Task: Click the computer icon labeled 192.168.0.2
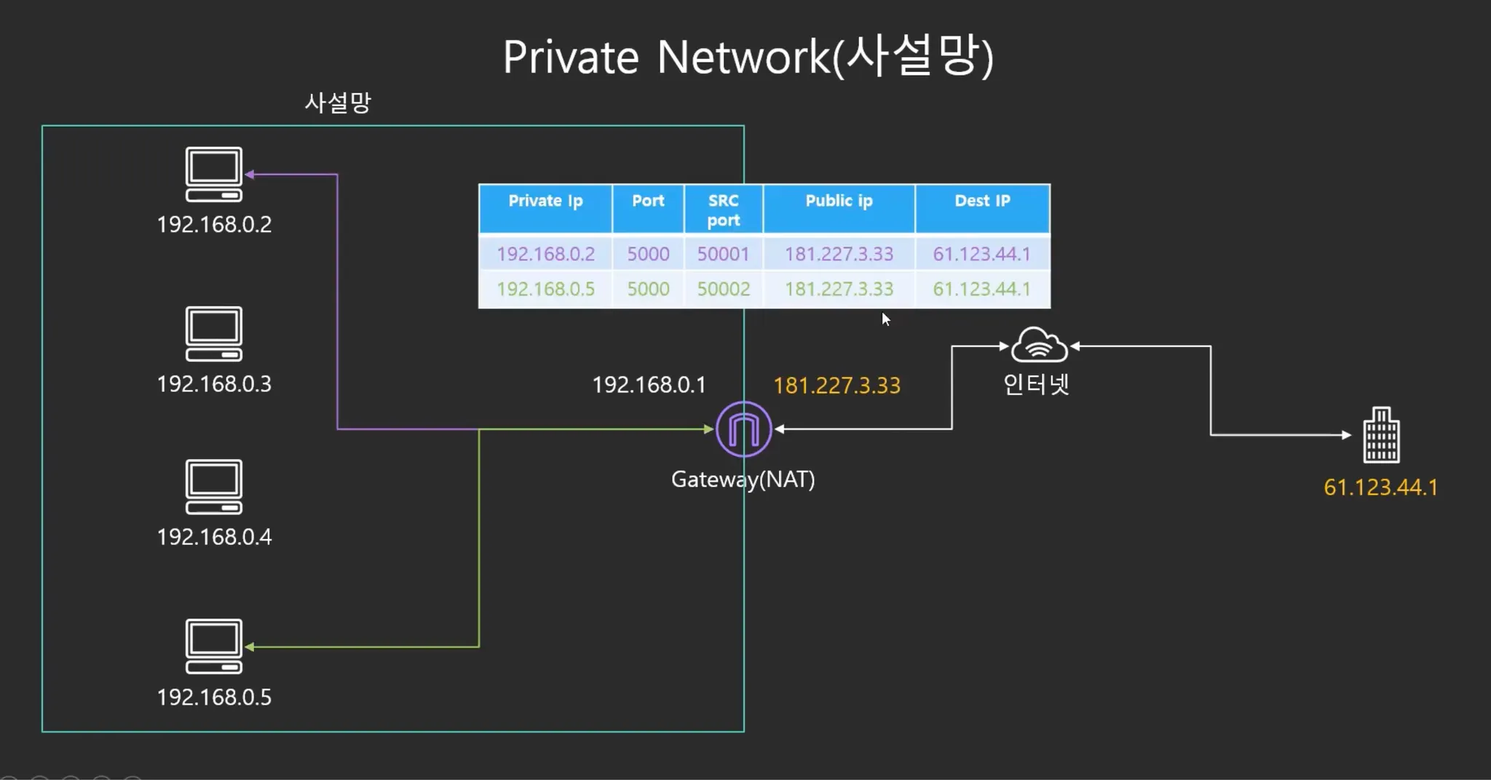(x=214, y=175)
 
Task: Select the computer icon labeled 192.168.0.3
(x=214, y=334)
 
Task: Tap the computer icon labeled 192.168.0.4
(x=214, y=487)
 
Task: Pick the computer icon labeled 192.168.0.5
(x=214, y=646)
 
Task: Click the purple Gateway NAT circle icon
(x=743, y=429)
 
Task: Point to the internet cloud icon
(x=1039, y=345)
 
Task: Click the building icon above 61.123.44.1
(x=1381, y=435)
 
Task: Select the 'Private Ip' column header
(x=545, y=202)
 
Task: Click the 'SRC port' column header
(x=723, y=210)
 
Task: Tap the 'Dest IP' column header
(x=982, y=202)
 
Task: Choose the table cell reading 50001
(x=723, y=254)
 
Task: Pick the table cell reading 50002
(x=723, y=289)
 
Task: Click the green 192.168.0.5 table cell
(x=545, y=289)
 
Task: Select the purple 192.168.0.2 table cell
(x=545, y=254)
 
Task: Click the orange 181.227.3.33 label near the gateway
(x=837, y=386)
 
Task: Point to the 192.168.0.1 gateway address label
(x=649, y=385)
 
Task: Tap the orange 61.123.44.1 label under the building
(x=1380, y=488)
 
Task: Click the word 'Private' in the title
(x=571, y=57)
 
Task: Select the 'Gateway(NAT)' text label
(x=743, y=479)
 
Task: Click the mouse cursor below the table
(x=885, y=319)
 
